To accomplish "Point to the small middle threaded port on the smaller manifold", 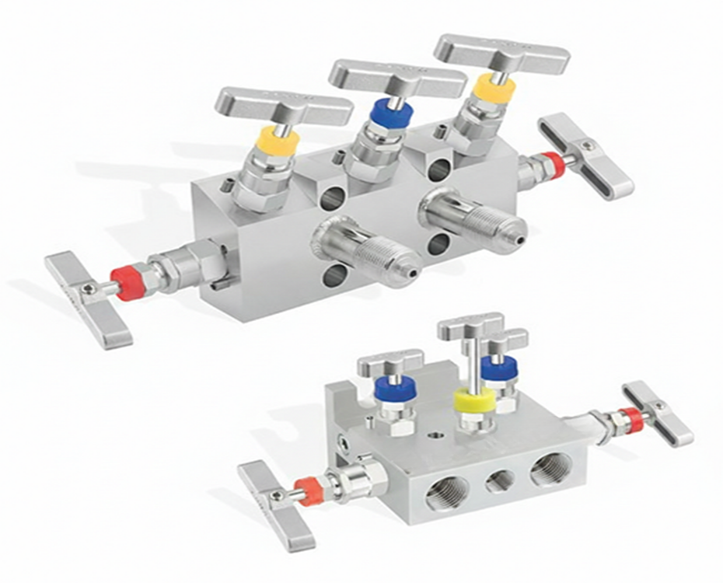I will (x=500, y=481).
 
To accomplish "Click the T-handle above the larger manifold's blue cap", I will (x=396, y=76).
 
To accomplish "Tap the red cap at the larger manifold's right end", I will (x=553, y=163).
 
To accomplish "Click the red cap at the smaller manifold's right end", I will (x=631, y=420).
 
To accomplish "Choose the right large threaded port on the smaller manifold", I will (x=550, y=469).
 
